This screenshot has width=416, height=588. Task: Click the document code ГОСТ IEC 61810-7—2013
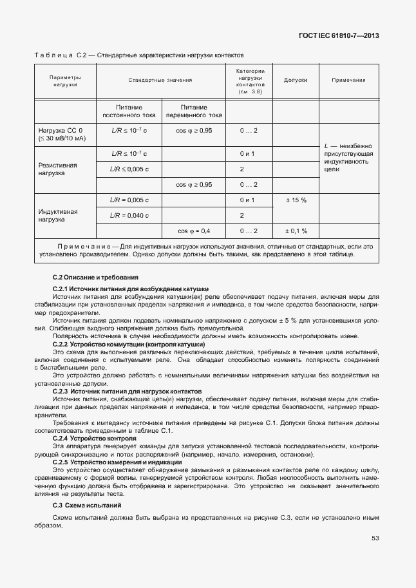tap(337, 35)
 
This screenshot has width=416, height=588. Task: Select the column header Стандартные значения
tap(160, 81)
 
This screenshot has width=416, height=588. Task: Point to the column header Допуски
tap(296, 81)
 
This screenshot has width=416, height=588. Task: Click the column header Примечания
tap(348, 81)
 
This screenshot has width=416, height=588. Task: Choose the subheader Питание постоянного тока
tap(129, 111)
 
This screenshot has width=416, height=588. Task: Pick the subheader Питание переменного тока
tap(194, 111)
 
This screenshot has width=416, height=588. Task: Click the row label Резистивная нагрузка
tap(58, 169)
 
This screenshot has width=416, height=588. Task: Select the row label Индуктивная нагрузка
tap(58, 215)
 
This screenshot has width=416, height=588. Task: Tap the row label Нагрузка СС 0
tap(61, 134)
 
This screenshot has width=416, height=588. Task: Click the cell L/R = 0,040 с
tap(129, 215)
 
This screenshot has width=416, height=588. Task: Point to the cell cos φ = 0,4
tap(194, 231)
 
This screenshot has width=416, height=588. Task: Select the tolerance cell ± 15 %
tap(296, 200)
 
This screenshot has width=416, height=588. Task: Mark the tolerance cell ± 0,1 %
tap(296, 231)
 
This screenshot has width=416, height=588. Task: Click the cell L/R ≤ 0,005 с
tap(129, 169)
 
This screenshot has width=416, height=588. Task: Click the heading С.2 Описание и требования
tap(88, 277)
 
